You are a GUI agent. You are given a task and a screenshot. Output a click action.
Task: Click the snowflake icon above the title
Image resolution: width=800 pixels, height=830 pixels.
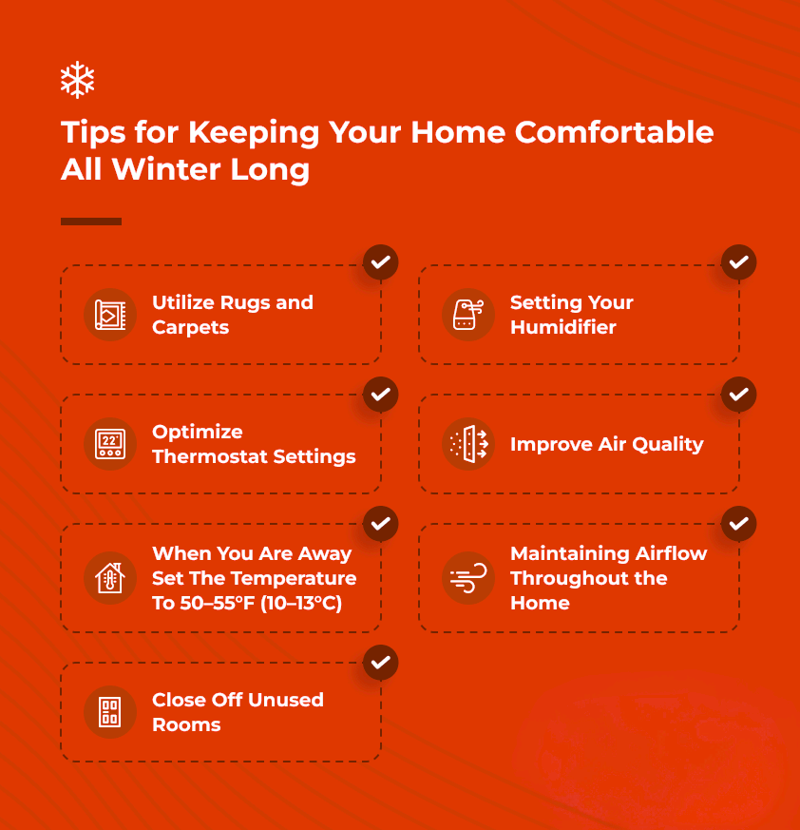point(77,80)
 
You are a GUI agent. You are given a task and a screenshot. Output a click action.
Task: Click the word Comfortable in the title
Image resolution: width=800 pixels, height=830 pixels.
point(615,132)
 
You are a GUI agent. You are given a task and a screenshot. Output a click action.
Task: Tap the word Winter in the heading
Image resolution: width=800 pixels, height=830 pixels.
point(166,169)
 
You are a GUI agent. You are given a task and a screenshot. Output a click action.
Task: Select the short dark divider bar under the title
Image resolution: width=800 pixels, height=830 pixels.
point(91,222)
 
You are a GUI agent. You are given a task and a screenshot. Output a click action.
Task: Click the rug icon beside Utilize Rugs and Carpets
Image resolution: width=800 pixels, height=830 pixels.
point(110,315)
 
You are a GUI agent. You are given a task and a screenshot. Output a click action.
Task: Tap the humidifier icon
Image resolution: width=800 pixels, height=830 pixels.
point(468,315)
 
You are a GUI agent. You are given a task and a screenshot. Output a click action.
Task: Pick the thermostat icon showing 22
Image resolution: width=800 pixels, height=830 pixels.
point(110,444)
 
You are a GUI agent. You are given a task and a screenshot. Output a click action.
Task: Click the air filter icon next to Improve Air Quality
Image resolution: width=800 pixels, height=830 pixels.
point(468,444)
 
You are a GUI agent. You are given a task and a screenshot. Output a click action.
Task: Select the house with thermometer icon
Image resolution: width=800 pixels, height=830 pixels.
point(110,577)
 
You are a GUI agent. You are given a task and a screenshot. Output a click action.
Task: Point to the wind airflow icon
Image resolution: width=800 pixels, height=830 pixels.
point(468,577)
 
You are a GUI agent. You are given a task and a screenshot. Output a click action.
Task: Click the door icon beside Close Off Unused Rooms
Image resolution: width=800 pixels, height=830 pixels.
point(110,712)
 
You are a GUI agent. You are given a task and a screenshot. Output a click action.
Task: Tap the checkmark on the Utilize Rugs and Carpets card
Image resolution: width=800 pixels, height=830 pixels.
point(380,262)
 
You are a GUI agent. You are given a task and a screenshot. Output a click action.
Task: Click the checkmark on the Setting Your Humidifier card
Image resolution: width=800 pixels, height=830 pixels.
point(738,262)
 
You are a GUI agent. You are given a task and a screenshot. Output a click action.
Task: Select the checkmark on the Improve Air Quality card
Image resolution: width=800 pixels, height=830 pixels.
point(738,395)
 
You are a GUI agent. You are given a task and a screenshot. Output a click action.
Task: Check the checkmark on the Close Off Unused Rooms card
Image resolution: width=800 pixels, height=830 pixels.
point(380,663)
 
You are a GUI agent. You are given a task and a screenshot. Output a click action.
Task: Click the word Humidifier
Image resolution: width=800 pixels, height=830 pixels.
point(563,327)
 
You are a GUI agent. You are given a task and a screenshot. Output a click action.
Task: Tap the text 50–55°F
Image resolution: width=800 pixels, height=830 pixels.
point(218,603)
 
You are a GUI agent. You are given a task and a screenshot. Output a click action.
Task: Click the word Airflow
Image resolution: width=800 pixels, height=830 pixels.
point(671,553)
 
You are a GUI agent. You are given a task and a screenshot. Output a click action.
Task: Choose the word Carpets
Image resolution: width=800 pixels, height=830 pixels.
point(190,328)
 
